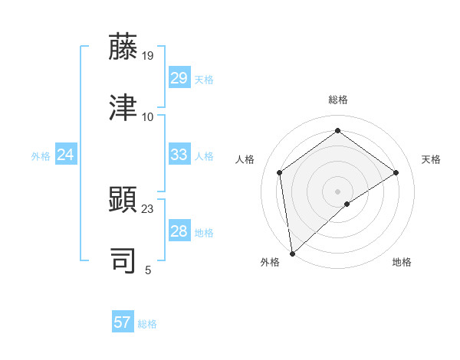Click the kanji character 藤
coord(123,47)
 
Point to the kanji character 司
coord(123,260)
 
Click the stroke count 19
coord(148,56)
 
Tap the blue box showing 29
coord(179,78)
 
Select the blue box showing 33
coord(179,155)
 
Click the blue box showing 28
coord(179,231)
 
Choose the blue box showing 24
coord(65,155)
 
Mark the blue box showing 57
coord(122,322)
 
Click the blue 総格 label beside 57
coord(147,324)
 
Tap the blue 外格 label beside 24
coord(41,156)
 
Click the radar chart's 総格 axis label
coord(338,100)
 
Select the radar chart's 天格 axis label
coord(431,159)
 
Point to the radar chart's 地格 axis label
coord(402,262)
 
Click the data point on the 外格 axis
coord(292,254)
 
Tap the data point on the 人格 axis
coord(280,172)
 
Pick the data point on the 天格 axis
coord(396,172)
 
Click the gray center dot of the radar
coord(338,191)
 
